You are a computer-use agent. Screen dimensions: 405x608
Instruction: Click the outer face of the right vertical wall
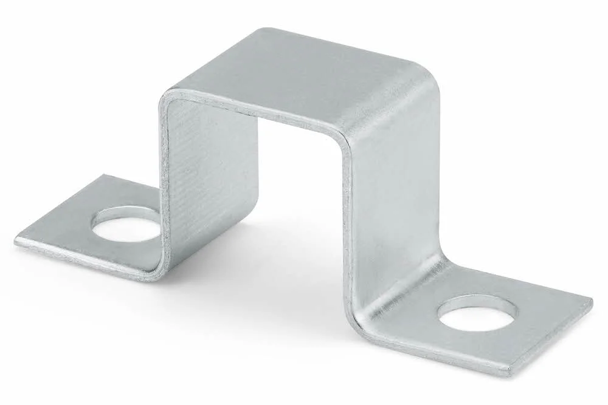click(395, 200)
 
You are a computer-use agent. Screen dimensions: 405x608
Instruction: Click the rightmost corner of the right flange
click(592, 300)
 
